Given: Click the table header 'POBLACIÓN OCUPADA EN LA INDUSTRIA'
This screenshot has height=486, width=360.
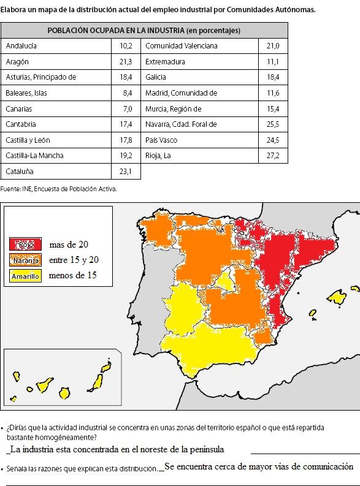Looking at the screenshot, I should pos(144,30).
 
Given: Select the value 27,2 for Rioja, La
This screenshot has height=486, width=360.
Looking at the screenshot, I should pos(273,156).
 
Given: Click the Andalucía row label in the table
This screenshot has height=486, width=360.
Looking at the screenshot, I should pos(21,46).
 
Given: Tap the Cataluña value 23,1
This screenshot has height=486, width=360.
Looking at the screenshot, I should pos(126,172).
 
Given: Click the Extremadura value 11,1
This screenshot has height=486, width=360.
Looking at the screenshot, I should pos(273,62).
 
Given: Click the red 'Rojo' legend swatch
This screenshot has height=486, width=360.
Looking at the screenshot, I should pos(25,245).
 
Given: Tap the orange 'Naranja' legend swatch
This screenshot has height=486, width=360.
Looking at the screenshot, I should pos(25,260).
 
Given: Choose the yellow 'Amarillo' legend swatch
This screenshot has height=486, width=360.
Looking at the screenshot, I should pos(25,276).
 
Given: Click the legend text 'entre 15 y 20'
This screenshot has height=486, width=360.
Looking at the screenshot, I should pos(73,260).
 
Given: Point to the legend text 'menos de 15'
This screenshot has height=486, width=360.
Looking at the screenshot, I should pos(72,275).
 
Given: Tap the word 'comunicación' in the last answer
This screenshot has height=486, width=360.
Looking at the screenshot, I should pos(323,466).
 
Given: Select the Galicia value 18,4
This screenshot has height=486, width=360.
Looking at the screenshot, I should pos(273,77).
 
